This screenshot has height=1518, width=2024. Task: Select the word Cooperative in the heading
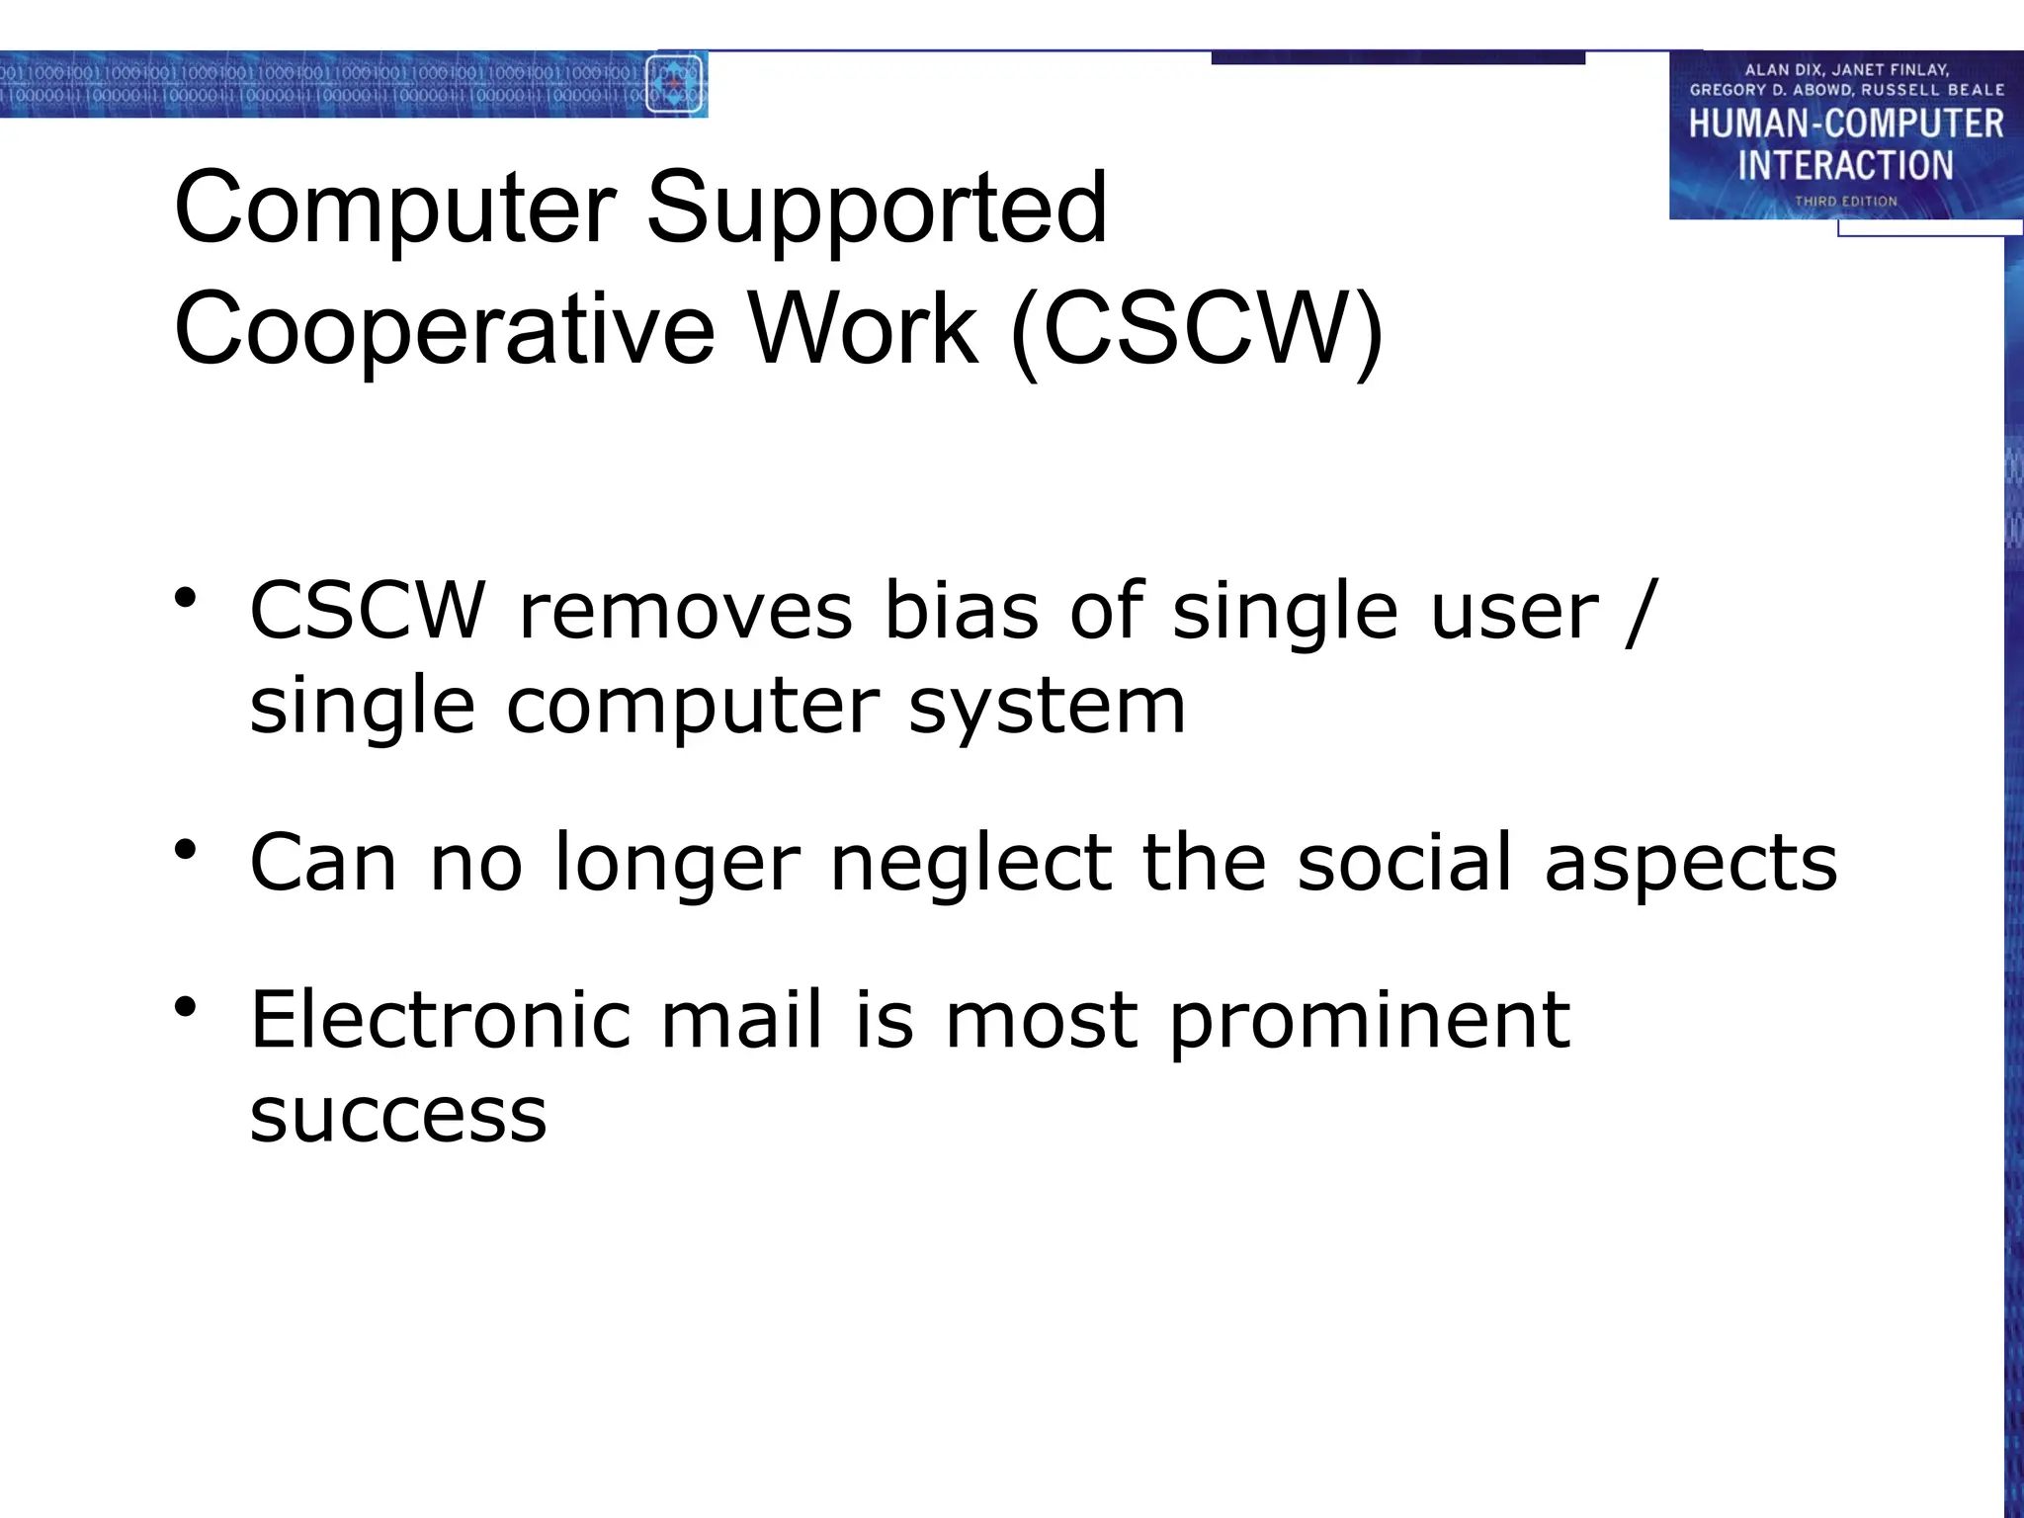point(444,330)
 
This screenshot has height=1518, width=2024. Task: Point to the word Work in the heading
point(863,330)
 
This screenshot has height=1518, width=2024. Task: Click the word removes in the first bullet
point(685,612)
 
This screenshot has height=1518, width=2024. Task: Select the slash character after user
point(1638,612)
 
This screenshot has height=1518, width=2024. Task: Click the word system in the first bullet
point(1047,708)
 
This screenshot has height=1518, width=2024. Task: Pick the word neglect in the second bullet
point(970,863)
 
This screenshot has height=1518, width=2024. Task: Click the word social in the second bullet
point(1404,863)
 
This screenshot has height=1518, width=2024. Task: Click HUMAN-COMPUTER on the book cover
point(1845,125)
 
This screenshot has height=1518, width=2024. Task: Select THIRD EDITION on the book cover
point(1845,202)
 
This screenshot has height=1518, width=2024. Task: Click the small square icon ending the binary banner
point(674,84)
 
